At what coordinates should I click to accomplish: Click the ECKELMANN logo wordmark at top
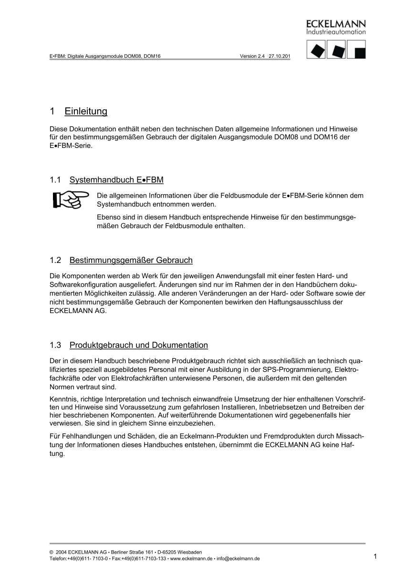[x=336, y=24]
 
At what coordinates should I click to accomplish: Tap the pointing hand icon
[x=71, y=199]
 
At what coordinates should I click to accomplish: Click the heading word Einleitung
[x=86, y=112]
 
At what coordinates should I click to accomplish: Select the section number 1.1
[x=55, y=180]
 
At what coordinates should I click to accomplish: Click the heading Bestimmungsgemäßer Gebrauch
[x=131, y=260]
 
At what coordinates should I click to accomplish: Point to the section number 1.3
[x=55, y=345]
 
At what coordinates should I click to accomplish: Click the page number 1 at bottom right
[x=375, y=556]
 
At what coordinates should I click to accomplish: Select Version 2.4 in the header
[x=252, y=56]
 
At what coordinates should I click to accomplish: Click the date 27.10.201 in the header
[x=280, y=56]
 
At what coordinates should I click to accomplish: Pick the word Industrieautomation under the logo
[x=336, y=32]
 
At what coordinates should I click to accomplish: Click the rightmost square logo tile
[x=357, y=50]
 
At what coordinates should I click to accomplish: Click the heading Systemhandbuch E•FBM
[x=116, y=180]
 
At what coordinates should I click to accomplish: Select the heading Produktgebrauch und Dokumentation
[x=138, y=345]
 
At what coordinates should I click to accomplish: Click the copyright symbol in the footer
[x=51, y=552]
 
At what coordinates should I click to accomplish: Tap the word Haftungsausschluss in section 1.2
[x=305, y=302]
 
